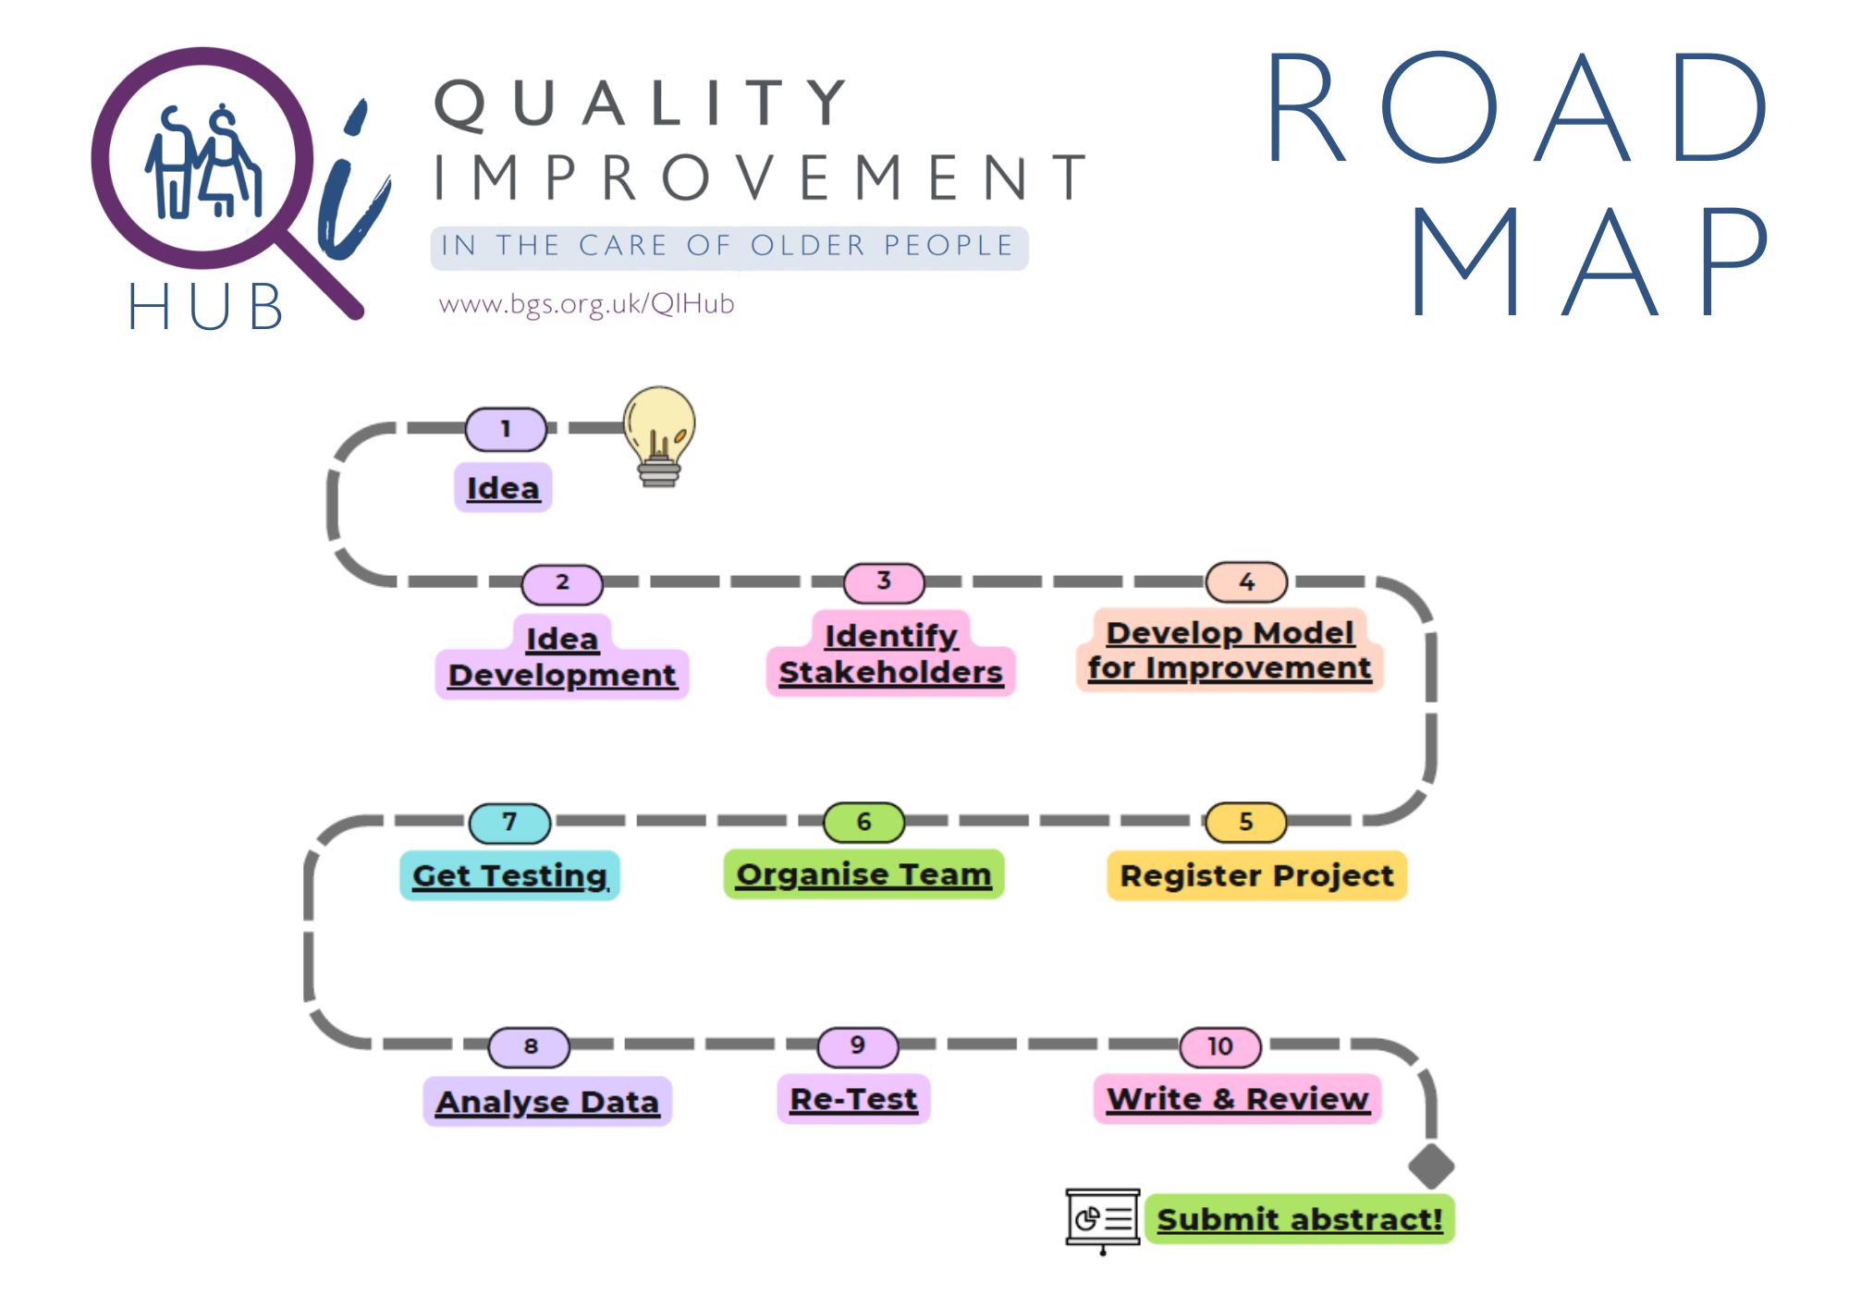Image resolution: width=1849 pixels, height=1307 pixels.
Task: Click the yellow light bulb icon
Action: tap(658, 433)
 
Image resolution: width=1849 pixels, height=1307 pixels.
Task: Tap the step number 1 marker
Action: tap(506, 429)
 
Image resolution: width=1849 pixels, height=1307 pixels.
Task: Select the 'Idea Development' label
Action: tap(562, 657)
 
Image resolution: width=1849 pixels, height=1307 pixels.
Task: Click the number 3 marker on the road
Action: tap(884, 581)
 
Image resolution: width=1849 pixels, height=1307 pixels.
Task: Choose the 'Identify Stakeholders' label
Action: tap(890, 653)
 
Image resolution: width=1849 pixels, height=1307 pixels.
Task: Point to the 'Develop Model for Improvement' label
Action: tap(1229, 650)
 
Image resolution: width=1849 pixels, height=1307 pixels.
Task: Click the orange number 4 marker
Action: tap(1246, 582)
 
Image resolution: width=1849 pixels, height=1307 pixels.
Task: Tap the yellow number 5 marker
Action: tap(1245, 822)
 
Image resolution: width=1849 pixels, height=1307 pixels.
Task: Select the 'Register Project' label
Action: tap(1256, 875)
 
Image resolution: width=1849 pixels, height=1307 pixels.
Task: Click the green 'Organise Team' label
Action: tap(863, 874)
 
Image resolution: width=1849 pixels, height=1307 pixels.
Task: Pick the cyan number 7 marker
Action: tap(509, 823)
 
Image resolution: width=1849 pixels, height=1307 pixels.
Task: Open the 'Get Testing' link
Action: tap(509, 875)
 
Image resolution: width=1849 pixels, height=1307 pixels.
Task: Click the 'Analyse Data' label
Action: tap(547, 1102)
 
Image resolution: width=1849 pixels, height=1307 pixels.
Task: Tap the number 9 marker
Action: tap(858, 1046)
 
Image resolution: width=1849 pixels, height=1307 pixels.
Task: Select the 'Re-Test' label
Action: tap(853, 1099)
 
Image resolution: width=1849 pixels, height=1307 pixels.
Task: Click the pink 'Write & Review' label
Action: tap(1237, 1099)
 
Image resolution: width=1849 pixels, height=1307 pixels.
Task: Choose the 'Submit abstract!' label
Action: tap(1299, 1219)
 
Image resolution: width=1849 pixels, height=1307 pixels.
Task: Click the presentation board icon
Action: tap(1102, 1219)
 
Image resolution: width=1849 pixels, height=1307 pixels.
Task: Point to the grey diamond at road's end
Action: tap(1431, 1166)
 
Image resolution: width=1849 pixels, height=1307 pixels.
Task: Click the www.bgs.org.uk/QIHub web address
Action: tap(586, 304)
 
